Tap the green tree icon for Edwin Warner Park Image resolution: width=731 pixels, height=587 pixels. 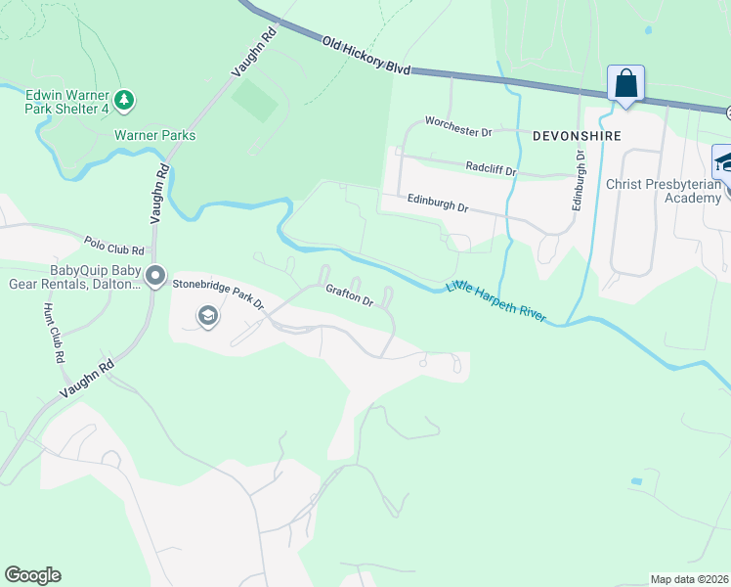pos(124,99)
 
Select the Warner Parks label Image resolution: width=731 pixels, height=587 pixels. pos(154,135)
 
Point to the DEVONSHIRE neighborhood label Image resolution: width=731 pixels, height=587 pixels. pos(576,136)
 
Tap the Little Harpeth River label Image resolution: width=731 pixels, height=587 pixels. pos(495,302)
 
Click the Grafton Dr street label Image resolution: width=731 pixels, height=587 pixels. pos(350,295)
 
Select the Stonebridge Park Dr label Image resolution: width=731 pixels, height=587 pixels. pos(219,293)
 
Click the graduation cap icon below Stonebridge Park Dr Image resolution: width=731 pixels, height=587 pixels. pos(207,315)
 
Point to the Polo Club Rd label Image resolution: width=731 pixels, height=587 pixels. pos(114,245)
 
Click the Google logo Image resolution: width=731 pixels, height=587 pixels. pos(32,575)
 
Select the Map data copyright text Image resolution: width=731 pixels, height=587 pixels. pos(689,579)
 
